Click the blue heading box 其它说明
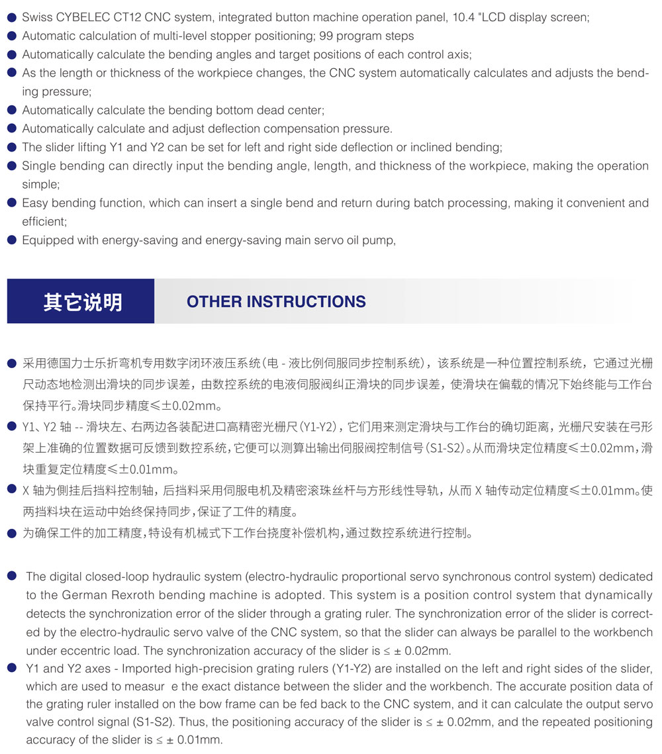[81, 301]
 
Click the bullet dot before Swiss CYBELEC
[11, 17]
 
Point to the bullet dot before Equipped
[11, 240]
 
